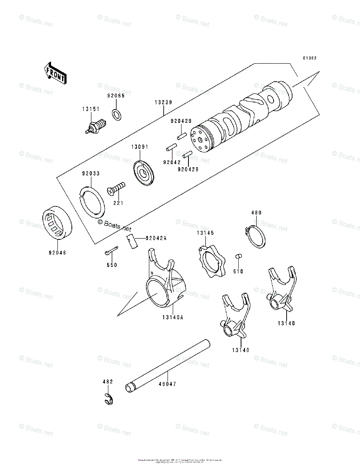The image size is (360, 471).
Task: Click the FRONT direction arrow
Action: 55,73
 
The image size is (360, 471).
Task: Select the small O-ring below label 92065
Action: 116,114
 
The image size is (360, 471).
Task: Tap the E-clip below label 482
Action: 109,399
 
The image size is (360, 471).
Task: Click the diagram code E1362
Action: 309,58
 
